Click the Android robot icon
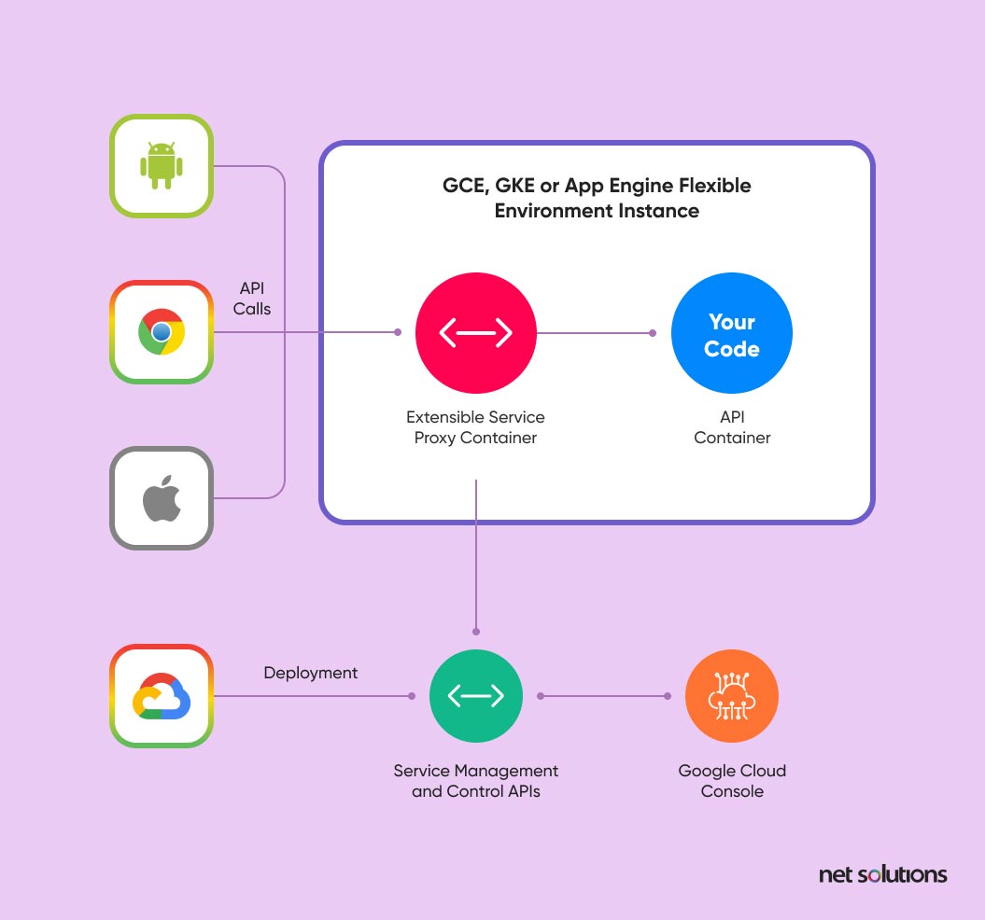point(162,166)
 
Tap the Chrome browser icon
point(162,332)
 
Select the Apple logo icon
point(162,499)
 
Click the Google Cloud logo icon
point(162,696)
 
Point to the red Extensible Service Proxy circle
point(475,332)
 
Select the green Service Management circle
point(475,696)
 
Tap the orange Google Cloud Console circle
point(731,696)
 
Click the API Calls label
point(252,299)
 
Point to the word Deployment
point(310,673)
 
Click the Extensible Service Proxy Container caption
point(475,427)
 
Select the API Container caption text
point(732,427)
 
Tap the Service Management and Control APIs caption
point(475,781)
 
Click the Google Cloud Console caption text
point(732,781)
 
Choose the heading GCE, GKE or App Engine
point(597,198)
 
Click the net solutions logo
point(882,874)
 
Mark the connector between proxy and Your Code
point(594,332)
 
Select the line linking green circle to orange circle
point(603,696)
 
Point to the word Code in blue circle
point(732,349)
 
